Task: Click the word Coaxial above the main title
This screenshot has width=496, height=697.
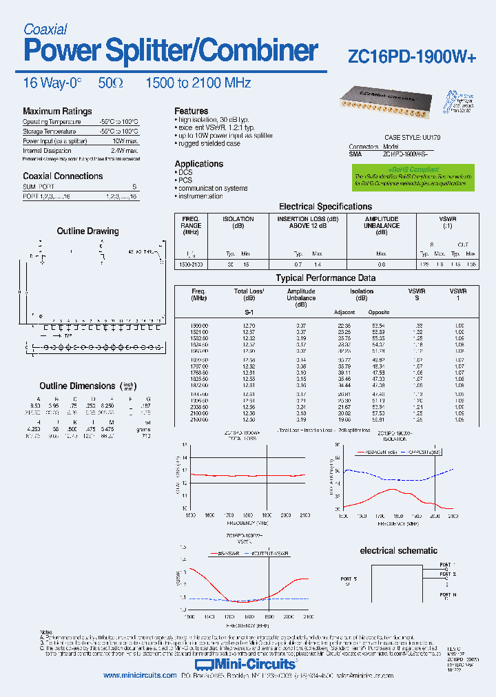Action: pyautogui.click(x=45, y=29)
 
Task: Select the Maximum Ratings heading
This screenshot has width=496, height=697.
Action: pyautogui.click(x=57, y=112)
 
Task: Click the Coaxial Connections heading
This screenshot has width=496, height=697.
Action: pyautogui.click(x=63, y=176)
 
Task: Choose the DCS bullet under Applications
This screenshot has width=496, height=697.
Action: pyautogui.click(x=185, y=172)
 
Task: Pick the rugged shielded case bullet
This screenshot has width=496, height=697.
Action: pyautogui.click(x=209, y=144)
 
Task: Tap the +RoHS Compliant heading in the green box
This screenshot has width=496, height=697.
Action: pyautogui.click(x=413, y=169)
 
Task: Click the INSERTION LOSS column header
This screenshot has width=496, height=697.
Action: pyautogui.click(x=308, y=219)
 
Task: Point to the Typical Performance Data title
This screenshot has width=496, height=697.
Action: pyautogui.click(x=326, y=278)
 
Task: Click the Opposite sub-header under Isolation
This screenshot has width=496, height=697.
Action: pyautogui.click(x=379, y=312)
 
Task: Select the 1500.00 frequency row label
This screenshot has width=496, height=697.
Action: pyautogui.click(x=200, y=325)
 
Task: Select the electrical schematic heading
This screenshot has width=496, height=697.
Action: pyautogui.click(x=398, y=551)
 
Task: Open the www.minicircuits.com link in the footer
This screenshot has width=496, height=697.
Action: pyautogui.click(x=140, y=676)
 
